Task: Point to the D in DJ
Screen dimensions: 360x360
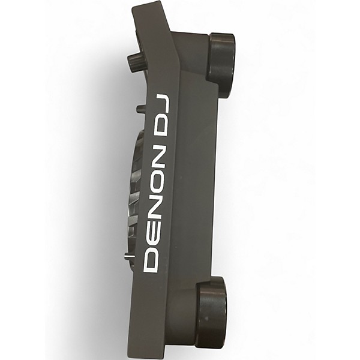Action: [x=158, y=125]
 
